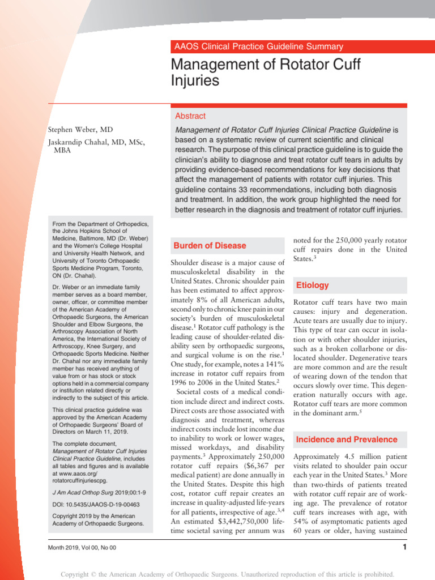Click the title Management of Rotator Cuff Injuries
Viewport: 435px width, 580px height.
point(266,72)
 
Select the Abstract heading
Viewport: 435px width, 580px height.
point(190,116)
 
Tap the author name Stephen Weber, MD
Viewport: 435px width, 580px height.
point(80,130)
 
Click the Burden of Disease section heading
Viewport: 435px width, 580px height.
point(210,246)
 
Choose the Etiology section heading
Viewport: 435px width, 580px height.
point(312,285)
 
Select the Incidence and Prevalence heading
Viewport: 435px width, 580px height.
point(347,440)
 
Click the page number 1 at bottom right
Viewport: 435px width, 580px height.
point(404,547)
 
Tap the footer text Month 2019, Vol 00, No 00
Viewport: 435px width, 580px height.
point(82,548)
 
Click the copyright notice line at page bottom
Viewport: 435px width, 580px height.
point(217,574)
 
